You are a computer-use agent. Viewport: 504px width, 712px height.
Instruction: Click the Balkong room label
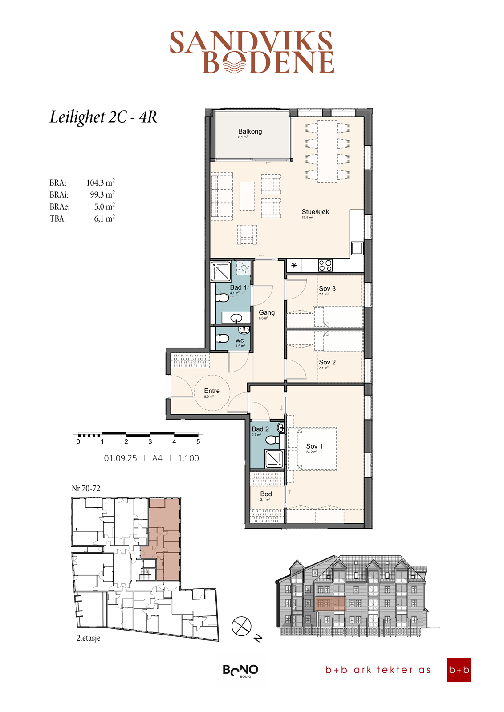(250, 131)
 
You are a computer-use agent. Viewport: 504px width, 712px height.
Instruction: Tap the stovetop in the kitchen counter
(325, 266)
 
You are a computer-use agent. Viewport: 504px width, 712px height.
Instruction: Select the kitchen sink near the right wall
(357, 248)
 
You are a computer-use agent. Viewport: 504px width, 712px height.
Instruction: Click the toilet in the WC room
(223, 339)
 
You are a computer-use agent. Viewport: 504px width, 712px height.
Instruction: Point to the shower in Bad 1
(221, 271)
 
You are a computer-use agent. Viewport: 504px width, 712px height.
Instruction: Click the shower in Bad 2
(274, 459)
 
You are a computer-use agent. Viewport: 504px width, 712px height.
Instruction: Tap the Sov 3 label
(327, 289)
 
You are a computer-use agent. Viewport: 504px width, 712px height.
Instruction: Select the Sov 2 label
(327, 363)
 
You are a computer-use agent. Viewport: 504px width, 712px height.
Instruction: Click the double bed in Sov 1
(313, 449)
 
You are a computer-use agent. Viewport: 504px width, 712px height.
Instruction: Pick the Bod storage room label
(266, 494)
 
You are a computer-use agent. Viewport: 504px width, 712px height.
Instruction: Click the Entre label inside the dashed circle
(212, 391)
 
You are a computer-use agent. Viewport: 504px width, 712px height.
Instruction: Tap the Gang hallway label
(267, 313)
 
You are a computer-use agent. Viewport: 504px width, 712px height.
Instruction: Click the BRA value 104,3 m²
(101, 182)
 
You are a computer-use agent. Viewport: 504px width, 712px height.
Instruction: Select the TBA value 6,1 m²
(104, 218)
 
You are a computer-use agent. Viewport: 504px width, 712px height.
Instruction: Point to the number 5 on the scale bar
(198, 442)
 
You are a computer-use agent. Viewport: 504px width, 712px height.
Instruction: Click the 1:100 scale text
(188, 458)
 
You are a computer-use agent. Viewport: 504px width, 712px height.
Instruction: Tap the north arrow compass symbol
(241, 626)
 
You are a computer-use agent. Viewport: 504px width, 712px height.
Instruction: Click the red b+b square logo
(459, 670)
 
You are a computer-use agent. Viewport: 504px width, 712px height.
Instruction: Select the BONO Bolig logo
(240, 670)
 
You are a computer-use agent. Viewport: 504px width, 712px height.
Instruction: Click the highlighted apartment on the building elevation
(330, 603)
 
